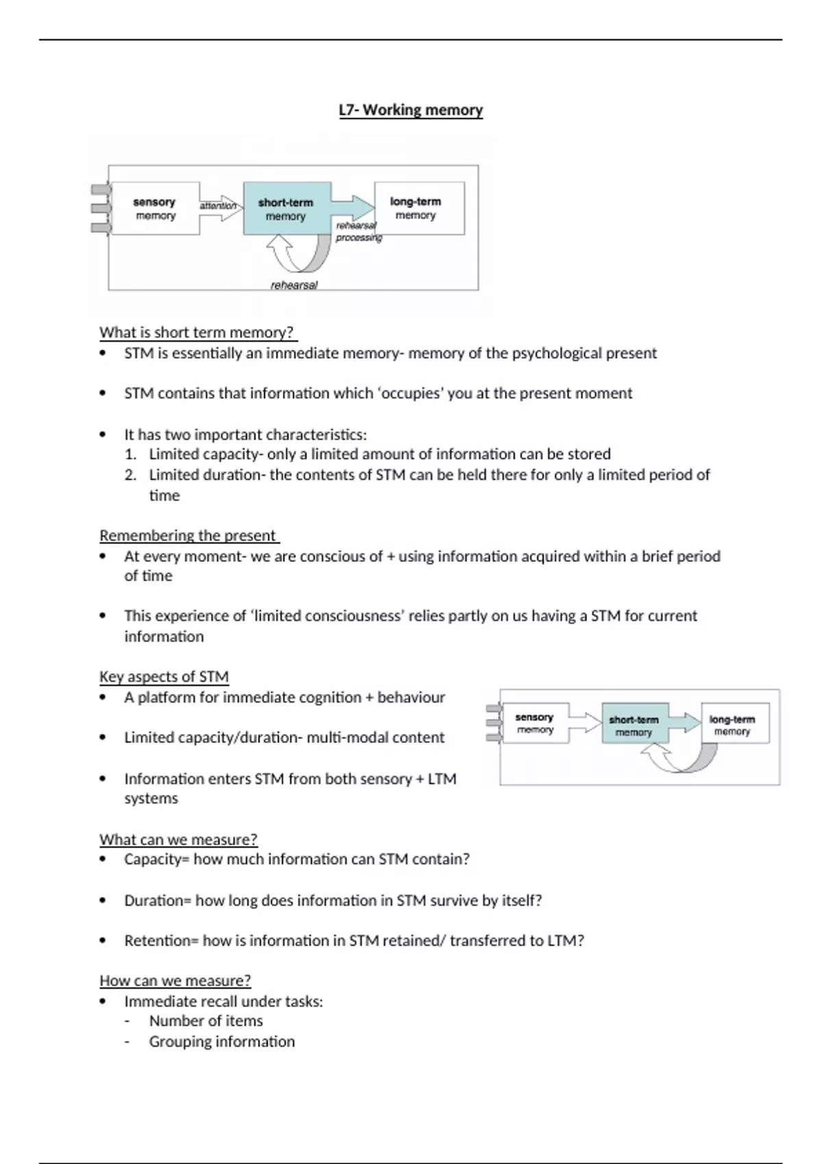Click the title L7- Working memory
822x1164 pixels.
(x=411, y=110)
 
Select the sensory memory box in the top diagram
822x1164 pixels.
(x=155, y=209)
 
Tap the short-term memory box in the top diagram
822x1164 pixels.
(x=286, y=209)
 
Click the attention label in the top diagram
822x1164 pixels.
(x=218, y=205)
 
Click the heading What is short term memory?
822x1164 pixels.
(x=197, y=333)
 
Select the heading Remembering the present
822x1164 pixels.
(x=188, y=535)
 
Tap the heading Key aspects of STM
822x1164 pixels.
(x=164, y=677)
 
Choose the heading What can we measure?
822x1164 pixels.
(x=178, y=839)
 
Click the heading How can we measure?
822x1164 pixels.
(x=175, y=980)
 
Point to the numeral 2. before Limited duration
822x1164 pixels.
(x=131, y=475)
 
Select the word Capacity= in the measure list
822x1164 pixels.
(x=157, y=859)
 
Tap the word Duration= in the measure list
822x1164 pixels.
(x=158, y=900)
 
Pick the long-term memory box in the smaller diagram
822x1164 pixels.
(x=734, y=724)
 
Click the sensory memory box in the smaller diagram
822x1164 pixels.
(x=535, y=723)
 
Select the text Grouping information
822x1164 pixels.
(x=222, y=1041)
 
